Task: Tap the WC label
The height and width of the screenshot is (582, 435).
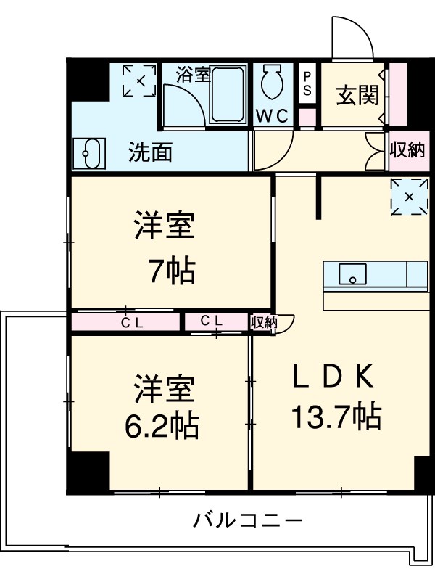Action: (273, 116)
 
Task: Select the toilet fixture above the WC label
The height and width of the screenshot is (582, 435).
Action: (273, 83)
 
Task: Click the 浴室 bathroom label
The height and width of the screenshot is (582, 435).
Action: (193, 75)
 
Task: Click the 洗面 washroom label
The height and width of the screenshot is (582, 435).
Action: (150, 152)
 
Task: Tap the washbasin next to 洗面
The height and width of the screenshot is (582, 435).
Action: (90, 153)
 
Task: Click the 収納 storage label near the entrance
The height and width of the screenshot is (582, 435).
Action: (407, 150)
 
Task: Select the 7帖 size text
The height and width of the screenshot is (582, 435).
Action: (171, 271)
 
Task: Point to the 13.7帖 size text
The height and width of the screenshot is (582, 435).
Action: (336, 417)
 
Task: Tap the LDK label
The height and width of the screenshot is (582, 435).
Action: (333, 377)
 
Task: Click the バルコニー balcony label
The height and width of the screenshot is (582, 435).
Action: (247, 520)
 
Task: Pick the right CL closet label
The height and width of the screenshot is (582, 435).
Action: (211, 321)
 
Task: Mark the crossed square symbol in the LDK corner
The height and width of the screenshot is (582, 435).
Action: (408, 196)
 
